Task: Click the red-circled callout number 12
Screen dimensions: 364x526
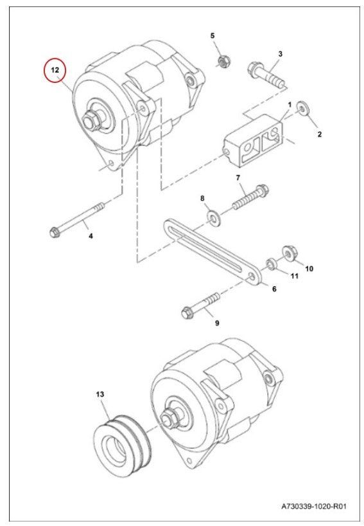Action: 55,70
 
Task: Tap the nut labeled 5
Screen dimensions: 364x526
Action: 222,62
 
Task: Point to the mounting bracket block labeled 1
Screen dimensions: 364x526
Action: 254,141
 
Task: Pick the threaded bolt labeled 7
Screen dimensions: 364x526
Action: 250,197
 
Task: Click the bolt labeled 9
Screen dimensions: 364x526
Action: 200,305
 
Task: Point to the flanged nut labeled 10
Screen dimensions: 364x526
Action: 290,254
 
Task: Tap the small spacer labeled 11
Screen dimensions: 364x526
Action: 271,264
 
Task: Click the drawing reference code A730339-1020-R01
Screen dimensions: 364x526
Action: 314,505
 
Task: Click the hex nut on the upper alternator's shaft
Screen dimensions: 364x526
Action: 90,120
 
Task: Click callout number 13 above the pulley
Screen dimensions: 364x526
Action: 100,394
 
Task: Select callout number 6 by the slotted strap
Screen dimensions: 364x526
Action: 274,289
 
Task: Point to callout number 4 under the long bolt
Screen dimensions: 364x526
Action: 91,236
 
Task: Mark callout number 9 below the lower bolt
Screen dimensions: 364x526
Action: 217,323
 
